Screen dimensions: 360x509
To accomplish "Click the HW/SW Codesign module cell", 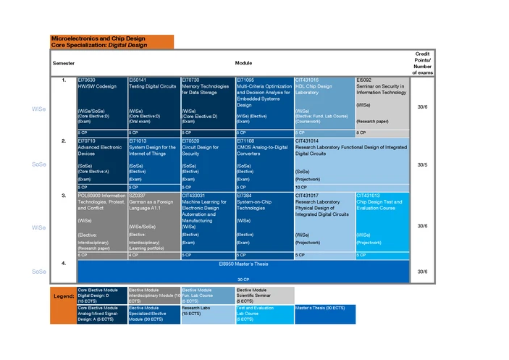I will (101, 101).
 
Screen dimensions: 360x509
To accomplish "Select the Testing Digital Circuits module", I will (153, 101).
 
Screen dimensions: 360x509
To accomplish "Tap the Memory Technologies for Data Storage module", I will (208, 101).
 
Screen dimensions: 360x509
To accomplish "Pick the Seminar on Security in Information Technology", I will (382, 101).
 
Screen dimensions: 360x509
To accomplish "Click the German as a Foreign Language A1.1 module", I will (153, 221).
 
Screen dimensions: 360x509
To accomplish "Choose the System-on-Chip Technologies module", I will (264, 221).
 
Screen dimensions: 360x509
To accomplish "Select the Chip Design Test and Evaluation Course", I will (382, 221).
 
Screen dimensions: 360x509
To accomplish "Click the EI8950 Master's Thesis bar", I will (243, 270).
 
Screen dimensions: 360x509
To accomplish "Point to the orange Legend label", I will (63, 296).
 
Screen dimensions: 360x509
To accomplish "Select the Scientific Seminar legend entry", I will (264, 296).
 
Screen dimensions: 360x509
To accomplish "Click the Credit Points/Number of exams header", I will (422, 63).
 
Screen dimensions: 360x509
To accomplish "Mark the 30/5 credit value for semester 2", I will (422, 164).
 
